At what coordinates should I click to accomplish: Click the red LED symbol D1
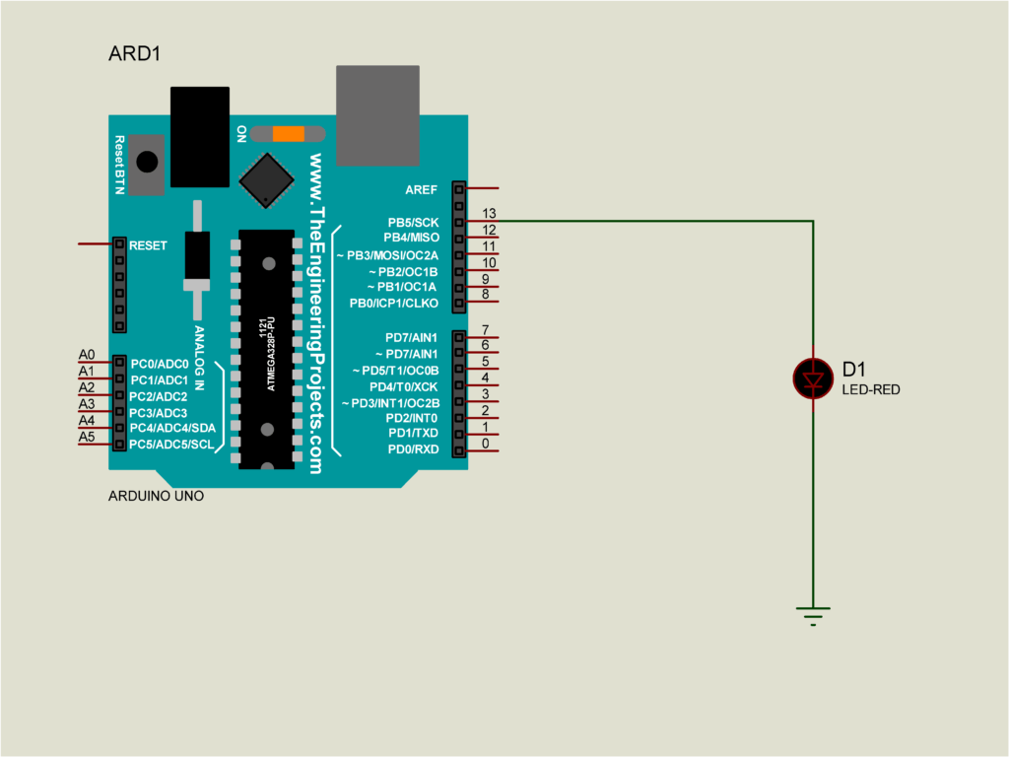[x=813, y=379]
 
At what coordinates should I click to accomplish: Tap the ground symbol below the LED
[x=813, y=616]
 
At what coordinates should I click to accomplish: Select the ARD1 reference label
[x=134, y=53]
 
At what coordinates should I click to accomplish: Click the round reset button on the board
[x=147, y=162]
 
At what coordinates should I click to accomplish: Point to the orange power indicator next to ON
[x=289, y=134]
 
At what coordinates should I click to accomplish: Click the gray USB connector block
[x=377, y=115]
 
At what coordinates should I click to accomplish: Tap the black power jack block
[x=199, y=137]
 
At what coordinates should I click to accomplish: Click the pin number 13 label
[x=489, y=213]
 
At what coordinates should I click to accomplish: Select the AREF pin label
[x=422, y=190]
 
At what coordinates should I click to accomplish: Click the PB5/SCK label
[x=413, y=223]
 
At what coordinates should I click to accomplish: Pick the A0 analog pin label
[x=87, y=355]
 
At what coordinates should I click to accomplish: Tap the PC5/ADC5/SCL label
[x=171, y=445]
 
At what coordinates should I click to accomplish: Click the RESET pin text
[x=148, y=245]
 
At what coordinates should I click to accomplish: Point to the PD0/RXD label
[x=413, y=449]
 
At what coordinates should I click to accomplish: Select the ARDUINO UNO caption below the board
[x=156, y=497]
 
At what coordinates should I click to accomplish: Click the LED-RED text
[x=871, y=390]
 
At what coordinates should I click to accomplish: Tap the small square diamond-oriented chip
[x=266, y=180]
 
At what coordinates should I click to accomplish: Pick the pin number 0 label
[x=485, y=444]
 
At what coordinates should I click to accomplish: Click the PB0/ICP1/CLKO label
[x=394, y=304]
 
